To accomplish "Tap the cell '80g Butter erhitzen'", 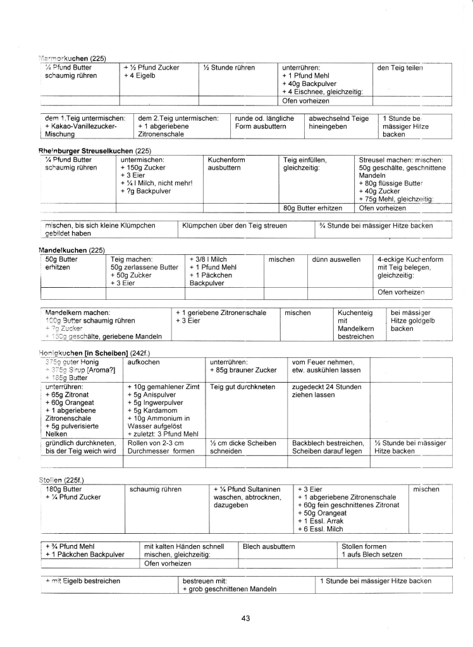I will coord(312,207).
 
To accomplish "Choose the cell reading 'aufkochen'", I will coord(143,362).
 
